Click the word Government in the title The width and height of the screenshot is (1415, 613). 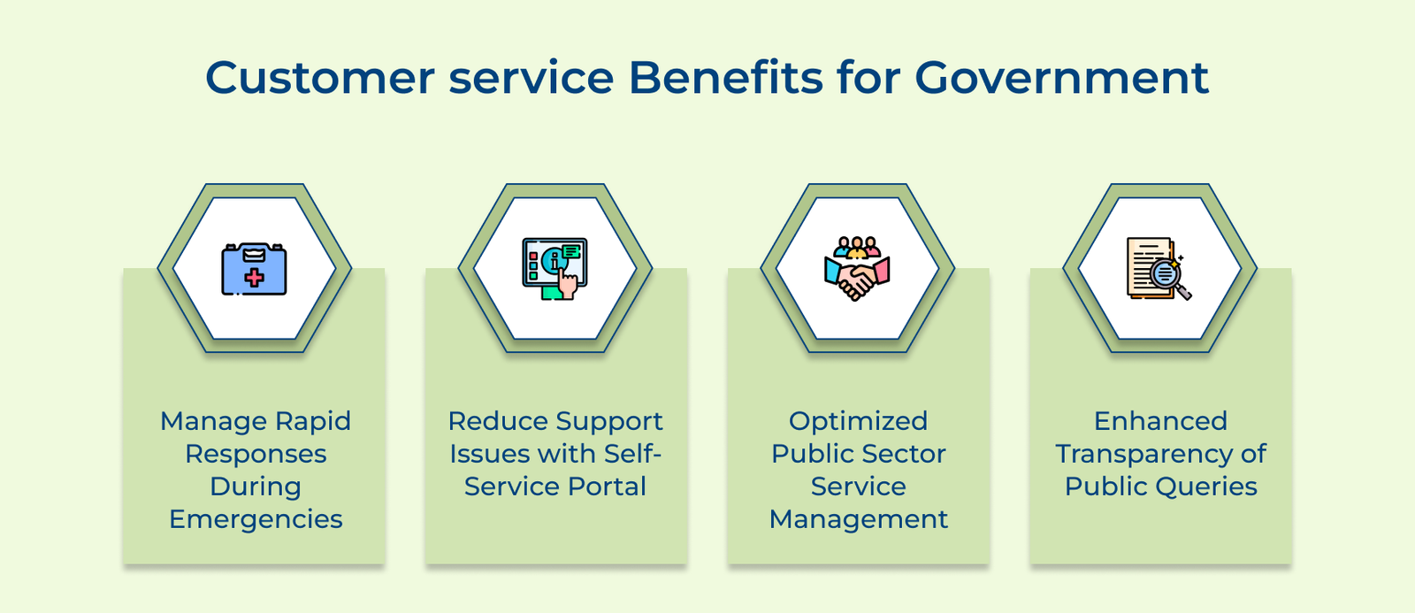click(1061, 78)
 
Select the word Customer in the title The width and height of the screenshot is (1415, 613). click(320, 78)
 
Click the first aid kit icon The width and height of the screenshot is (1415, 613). click(254, 269)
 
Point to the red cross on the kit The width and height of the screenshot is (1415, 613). click(255, 278)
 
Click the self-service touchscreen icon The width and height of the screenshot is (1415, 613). click(555, 269)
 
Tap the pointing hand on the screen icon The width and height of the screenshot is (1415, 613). click(567, 283)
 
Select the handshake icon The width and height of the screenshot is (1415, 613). click(857, 269)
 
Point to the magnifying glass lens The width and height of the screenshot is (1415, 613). click(1164, 273)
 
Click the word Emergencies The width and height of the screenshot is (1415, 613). click(256, 519)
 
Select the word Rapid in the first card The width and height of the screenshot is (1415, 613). click(313, 421)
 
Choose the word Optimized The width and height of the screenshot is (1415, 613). click(859, 421)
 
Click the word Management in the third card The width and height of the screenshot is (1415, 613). click(859, 519)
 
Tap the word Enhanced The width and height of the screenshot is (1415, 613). click(1161, 421)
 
